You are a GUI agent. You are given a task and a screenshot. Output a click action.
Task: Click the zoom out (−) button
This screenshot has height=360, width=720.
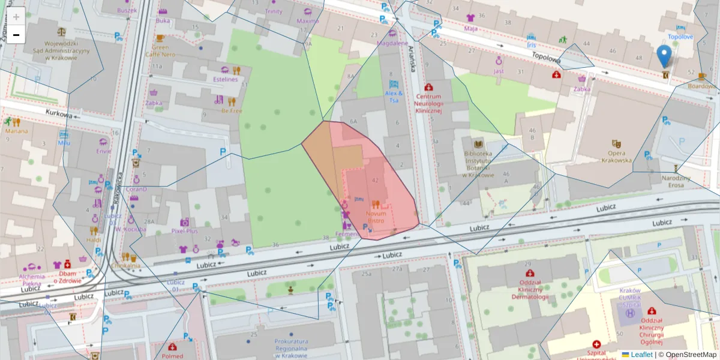(16, 35)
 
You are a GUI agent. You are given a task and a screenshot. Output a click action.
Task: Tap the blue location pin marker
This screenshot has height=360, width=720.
(664, 56)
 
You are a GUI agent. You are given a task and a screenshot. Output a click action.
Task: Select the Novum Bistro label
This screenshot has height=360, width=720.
(376, 217)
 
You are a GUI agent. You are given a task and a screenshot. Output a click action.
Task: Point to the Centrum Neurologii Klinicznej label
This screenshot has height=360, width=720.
(428, 103)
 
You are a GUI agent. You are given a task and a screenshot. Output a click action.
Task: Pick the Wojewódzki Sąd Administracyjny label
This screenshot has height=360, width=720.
(62, 50)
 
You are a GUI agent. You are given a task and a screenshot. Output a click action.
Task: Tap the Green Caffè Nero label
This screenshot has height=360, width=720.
(160, 50)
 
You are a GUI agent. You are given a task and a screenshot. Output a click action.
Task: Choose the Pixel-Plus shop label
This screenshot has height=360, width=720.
(184, 230)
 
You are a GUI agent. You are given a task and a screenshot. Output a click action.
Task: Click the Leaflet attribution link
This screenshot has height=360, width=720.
(641, 355)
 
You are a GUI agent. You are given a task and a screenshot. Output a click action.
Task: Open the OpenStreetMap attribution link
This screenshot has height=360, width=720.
(687, 355)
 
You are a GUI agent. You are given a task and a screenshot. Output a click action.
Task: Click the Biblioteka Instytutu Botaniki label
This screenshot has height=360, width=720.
(478, 164)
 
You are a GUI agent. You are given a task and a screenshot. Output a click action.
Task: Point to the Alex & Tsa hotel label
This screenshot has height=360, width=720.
(394, 97)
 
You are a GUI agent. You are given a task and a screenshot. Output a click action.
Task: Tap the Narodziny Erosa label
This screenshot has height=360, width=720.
(676, 181)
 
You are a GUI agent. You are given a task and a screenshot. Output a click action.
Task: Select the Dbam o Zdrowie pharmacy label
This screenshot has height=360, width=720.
(67, 277)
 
